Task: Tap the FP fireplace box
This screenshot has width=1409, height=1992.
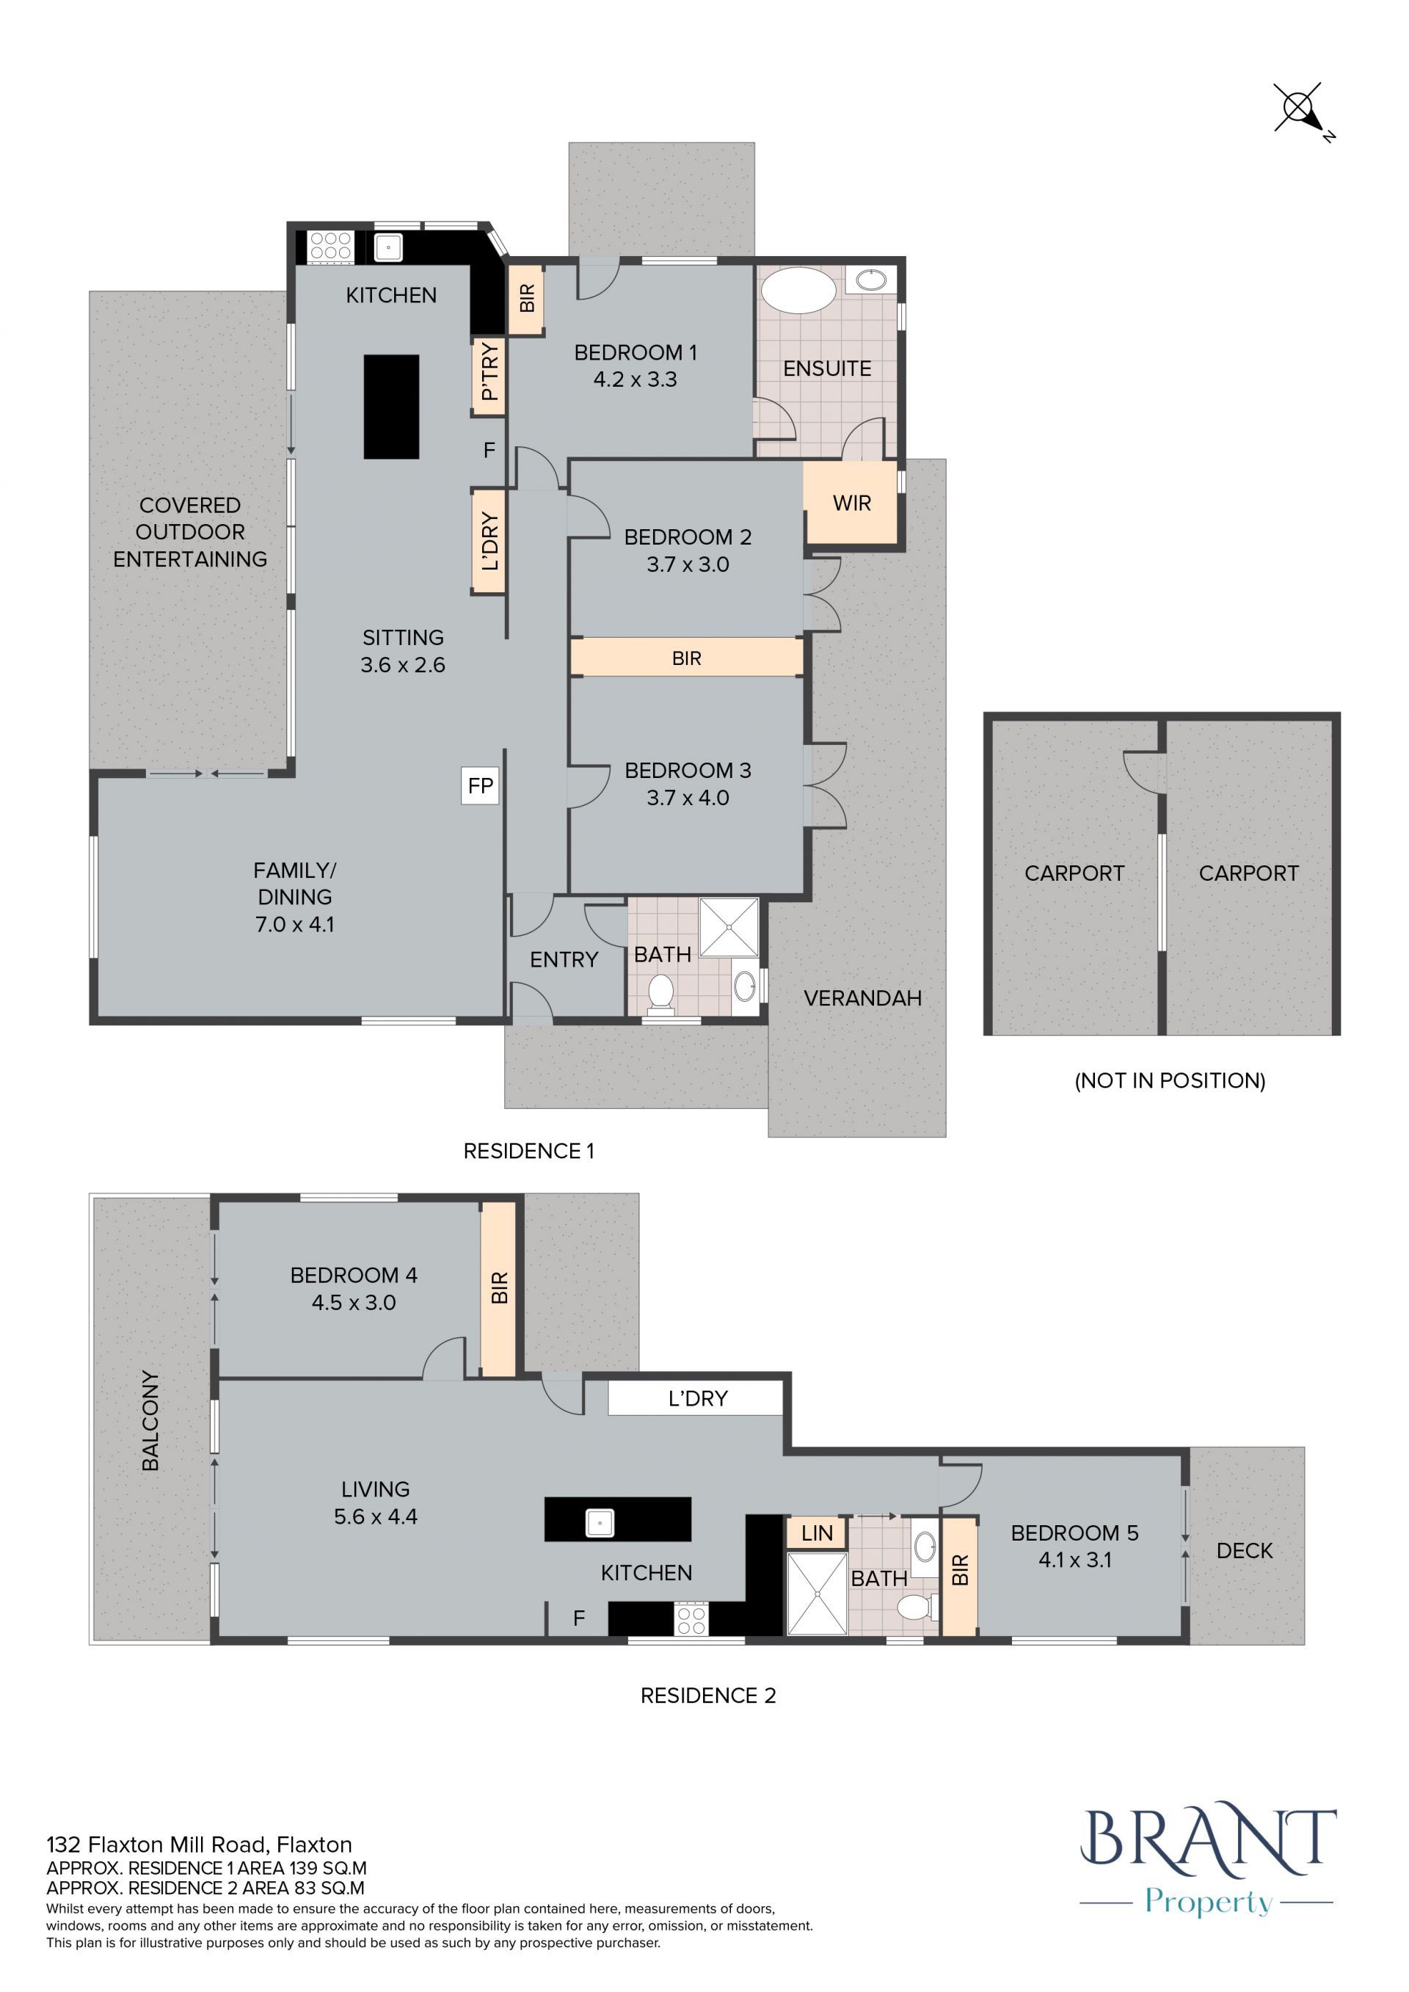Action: [480, 786]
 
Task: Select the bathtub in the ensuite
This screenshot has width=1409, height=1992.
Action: [798, 290]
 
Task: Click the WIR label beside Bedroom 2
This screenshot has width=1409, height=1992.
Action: [851, 504]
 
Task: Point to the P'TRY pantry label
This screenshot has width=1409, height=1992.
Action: [489, 371]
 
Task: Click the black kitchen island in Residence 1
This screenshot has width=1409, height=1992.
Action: [391, 406]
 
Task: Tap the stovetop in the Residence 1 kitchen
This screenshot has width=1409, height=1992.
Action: [330, 247]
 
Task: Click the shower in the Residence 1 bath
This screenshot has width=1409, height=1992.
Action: [729, 926]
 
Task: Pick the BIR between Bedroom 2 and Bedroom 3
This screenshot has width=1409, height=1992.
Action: [686, 658]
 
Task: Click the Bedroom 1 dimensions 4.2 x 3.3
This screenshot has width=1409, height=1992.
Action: [635, 379]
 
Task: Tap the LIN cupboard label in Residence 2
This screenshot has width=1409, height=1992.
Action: [817, 1533]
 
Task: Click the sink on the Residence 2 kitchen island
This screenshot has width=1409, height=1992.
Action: [600, 1523]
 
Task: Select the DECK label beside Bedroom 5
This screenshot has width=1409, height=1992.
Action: [1244, 1550]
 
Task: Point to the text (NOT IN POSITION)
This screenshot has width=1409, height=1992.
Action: [1170, 1080]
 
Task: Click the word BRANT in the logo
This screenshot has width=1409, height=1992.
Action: [1208, 1838]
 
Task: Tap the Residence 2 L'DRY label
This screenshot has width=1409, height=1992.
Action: [698, 1397]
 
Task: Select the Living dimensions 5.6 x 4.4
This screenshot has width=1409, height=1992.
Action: [376, 1516]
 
